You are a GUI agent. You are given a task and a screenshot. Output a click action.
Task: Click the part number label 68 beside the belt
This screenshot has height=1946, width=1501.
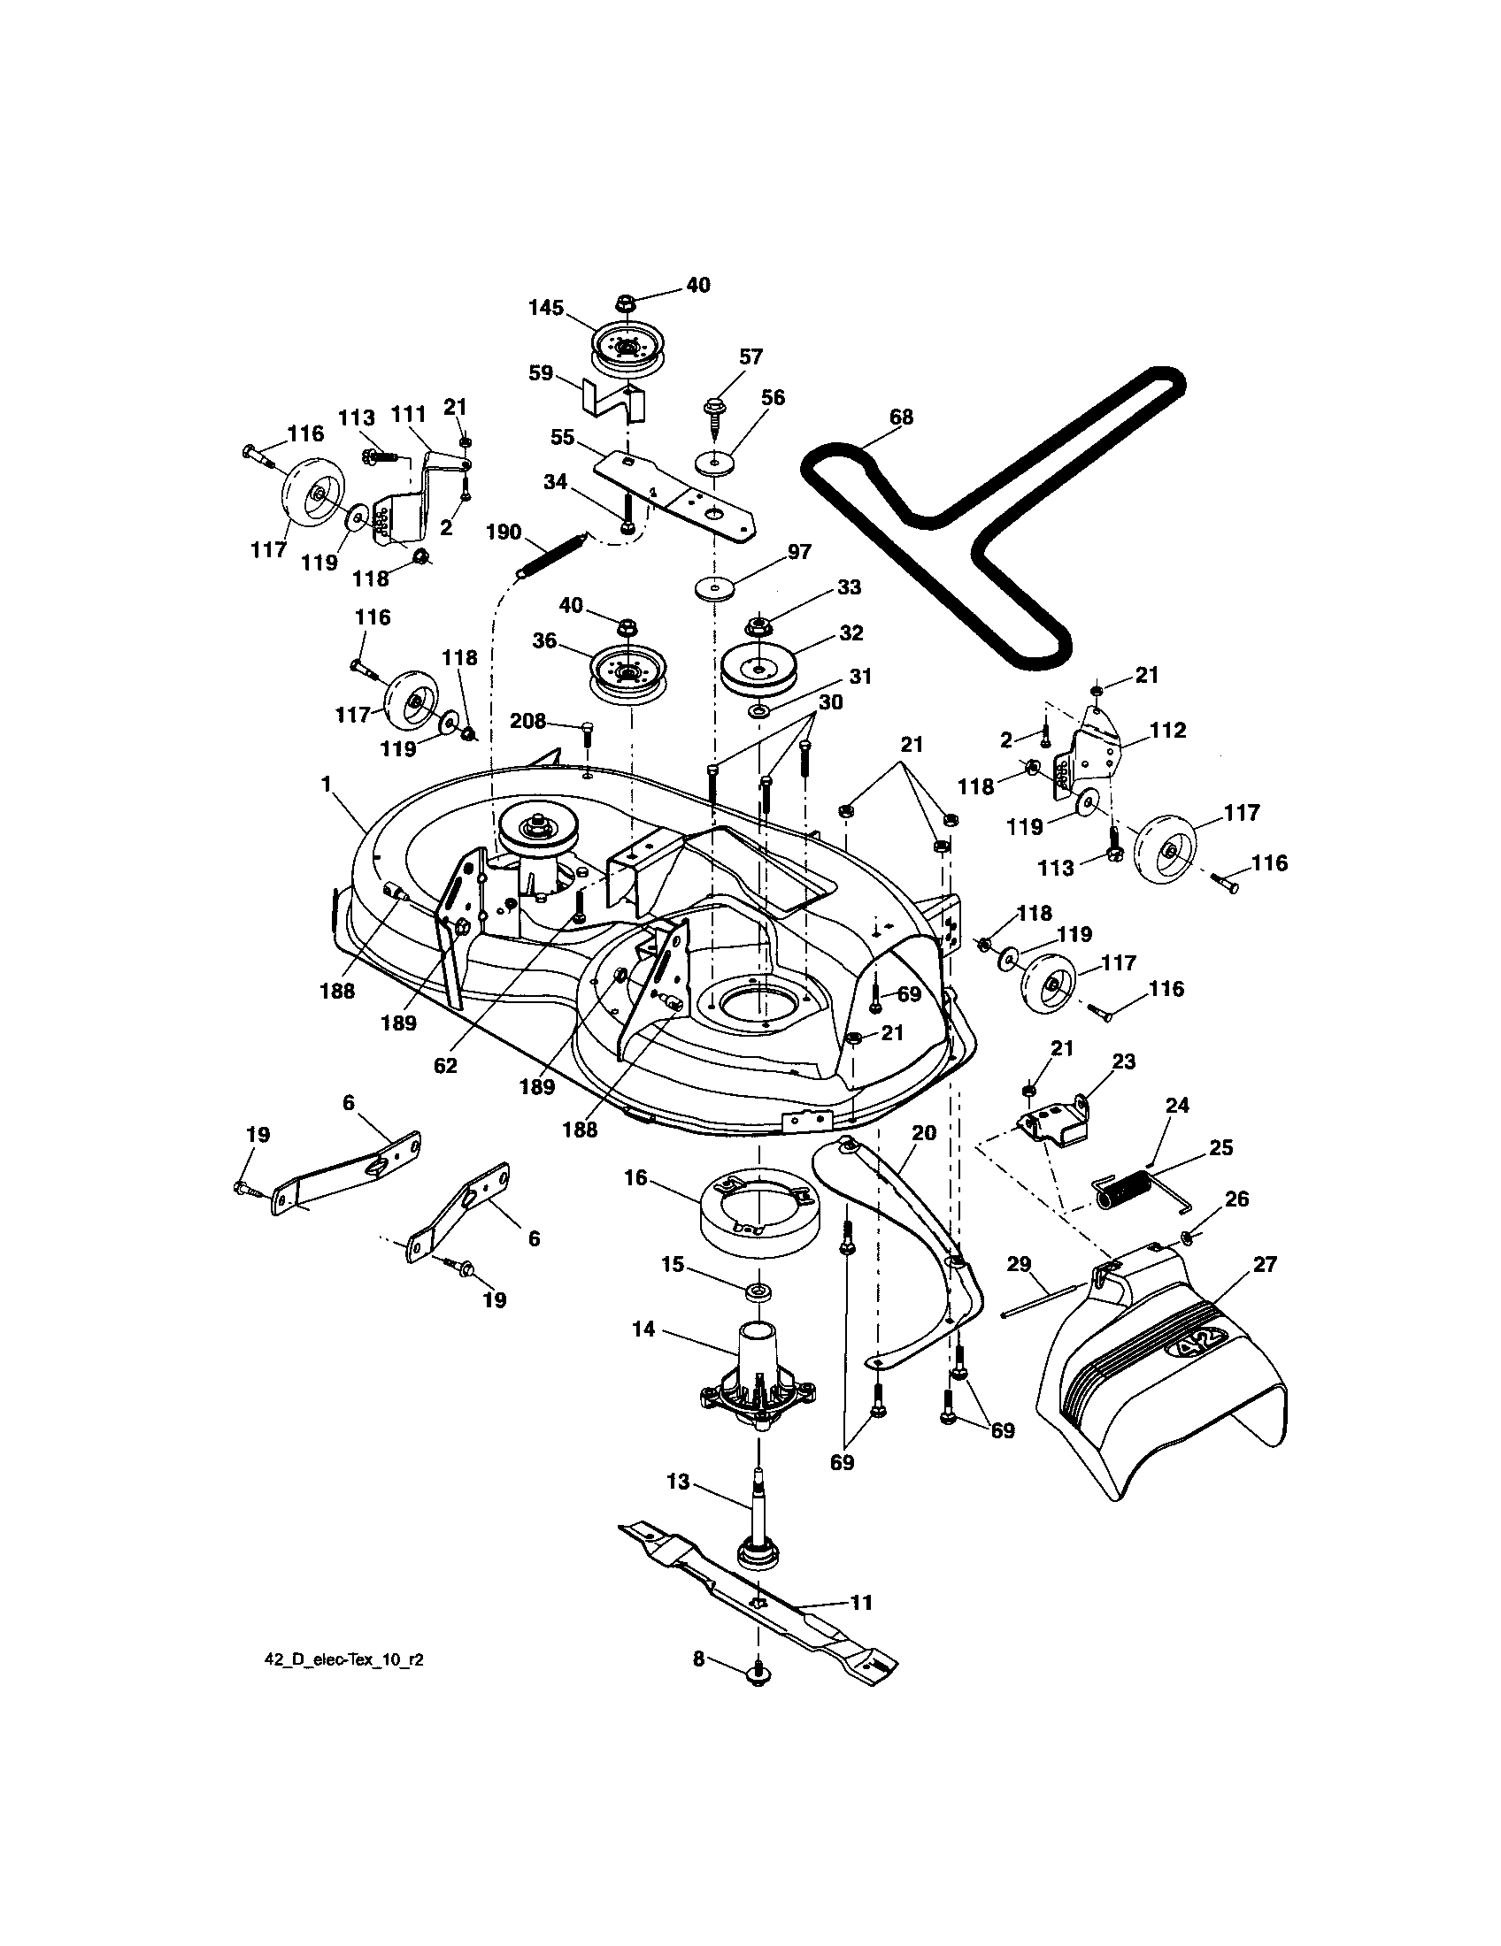click(900, 418)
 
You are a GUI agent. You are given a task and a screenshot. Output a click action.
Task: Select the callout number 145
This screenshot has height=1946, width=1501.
click(545, 309)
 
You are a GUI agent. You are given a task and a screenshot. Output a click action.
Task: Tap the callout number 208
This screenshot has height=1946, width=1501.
click(527, 720)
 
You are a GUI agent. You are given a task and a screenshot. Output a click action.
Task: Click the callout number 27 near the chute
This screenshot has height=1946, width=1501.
click(1265, 1263)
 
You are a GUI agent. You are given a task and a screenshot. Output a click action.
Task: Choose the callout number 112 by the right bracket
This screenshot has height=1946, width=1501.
click(1167, 730)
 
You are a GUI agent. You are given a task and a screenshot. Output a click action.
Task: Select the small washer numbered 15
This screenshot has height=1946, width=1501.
click(758, 1292)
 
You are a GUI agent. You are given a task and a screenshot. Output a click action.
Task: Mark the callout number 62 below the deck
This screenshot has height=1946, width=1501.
click(445, 1065)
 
